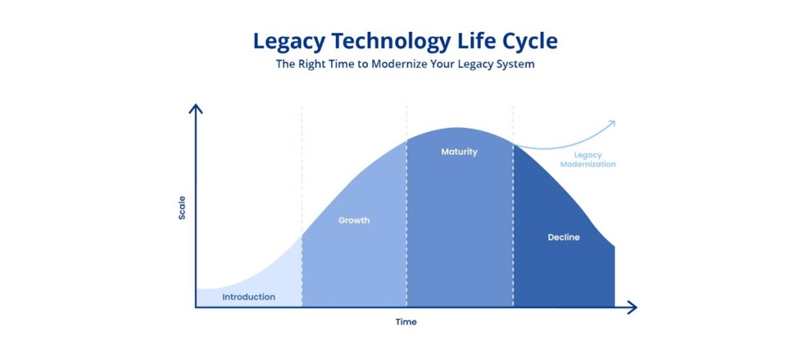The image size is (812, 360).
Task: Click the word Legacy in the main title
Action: (x=289, y=42)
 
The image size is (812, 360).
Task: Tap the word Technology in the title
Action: (x=391, y=42)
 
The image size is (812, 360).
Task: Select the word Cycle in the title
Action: (x=530, y=41)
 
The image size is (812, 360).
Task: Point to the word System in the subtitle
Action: (x=516, y=64)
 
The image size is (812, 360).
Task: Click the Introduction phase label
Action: (x=249, y=297)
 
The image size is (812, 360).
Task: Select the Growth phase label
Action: (x=354, y=220)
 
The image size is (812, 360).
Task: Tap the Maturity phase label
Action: (x=459, y=152)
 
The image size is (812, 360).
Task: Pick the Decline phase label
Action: (x=564, y=237)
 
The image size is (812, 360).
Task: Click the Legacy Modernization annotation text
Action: (x=588, y=160)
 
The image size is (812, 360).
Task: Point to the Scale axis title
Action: (x=182, y=208)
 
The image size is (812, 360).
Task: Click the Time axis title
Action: (x=406, y=321)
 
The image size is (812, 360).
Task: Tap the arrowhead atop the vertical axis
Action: (x=196, y=108)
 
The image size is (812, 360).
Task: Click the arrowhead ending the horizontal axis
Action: (x=633, y=307)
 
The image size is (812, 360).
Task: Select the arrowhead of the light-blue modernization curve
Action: (x=612, y=124)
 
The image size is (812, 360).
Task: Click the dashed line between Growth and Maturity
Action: (x=407, y=206)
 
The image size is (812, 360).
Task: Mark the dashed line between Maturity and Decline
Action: (x=513, y=206)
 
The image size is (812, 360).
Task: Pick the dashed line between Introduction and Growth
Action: (x=302, y=206)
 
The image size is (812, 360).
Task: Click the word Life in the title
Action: (x=476, y=41)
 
